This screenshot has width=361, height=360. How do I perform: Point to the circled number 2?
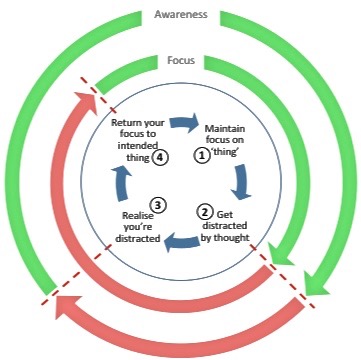coord(204,211)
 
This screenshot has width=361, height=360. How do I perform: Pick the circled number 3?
coord(158,205)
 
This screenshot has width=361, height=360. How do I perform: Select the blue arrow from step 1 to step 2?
coord(241,182)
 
